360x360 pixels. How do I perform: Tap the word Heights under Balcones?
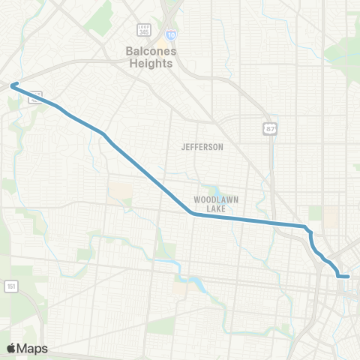click(148, 63)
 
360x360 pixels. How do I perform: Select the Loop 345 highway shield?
click(143, 30)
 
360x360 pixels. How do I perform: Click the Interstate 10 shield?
click(172, 34)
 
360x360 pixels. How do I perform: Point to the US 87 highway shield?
click(269, 129)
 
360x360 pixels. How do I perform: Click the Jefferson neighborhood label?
click(202, 147)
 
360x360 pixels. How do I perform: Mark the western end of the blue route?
click(12, 85)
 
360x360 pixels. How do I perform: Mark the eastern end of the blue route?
click(349, 277)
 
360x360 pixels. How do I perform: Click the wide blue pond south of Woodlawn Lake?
click(196, 284)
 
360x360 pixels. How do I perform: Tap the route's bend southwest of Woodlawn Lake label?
click(193, 214)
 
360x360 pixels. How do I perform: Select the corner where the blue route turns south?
click(305, 226)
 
